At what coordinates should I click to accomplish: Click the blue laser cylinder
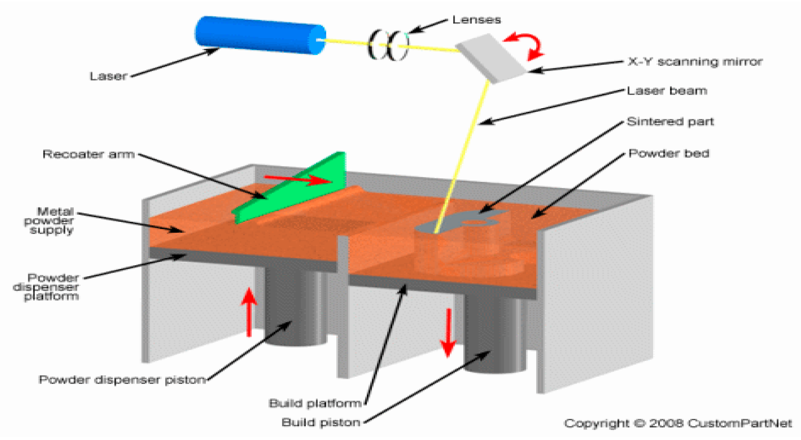pos(260,35)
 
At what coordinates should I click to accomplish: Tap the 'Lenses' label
pos(476,20)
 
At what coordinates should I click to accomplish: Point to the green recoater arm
pos(298,190)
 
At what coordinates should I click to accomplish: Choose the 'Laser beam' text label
pos(667,91)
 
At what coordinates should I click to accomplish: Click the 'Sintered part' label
pos(670,121)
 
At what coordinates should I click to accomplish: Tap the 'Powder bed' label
pos(668,153)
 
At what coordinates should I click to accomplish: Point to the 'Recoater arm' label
pos(89,154)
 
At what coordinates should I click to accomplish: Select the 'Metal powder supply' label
pos(50,221)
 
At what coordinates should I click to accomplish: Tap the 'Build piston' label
pos(321,422)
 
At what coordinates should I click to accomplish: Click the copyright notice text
pos(678,423)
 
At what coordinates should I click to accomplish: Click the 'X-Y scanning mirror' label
pos(695,62)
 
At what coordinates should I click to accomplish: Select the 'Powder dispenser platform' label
pos(47,287)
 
